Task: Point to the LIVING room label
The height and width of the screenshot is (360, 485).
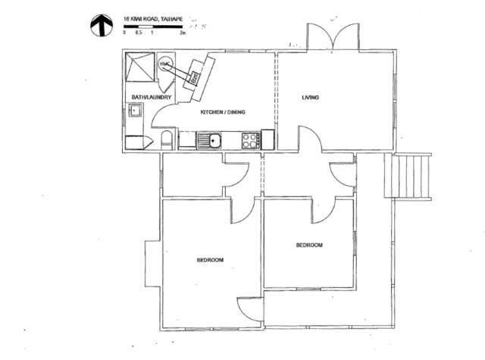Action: (311, 98)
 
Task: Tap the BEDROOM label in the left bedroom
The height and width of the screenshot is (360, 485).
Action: (210, 260)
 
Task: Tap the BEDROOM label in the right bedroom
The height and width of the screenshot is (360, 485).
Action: (309, 245)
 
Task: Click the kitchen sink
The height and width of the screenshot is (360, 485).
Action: (210, 139)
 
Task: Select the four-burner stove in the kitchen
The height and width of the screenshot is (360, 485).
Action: (249, 139)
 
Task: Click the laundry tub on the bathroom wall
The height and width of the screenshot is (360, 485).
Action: (136, 111)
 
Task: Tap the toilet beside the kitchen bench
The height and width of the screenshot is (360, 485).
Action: (167, 139)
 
